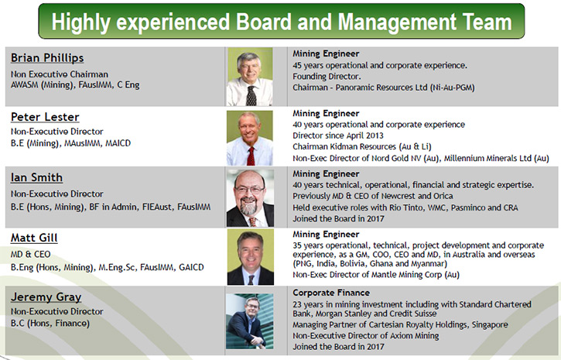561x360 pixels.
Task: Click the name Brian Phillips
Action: pyautogui.click(x=47, y=58)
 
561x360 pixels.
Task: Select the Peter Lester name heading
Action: pyautogui.click(x=45, y=117)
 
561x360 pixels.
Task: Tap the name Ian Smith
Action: pyautogui.click(x=36, y=177)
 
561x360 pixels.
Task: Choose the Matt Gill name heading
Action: pyautogui.click(x=34, y=238)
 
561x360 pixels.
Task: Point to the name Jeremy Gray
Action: pyautogui.click(x=46, y=297)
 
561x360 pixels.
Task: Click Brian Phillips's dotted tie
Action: pyautogui.click(x=251, y=95)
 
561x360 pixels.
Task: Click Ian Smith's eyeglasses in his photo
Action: pyautogui.click(x=249, y=190)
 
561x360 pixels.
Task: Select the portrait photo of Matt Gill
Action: pyautogui.click(x=251, y=257)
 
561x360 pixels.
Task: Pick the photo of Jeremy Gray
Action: pyautogui.click(x=250, y=321)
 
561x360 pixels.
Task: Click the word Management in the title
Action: pyautogui.click(x=397, y=22)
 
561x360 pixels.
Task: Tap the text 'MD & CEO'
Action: pyautogui.click(x=30, y=255)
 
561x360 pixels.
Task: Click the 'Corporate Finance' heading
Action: pyautogui.click(x=331, y=293)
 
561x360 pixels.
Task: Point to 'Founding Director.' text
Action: pyautogui.click(x=327, y=76)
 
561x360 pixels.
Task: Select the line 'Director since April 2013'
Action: pyautogui.click(x=337, y=135)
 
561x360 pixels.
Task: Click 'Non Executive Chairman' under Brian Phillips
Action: pyautogui.click(x=60, y=74)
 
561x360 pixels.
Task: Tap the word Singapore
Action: pyautogui.click(x=490, y=324)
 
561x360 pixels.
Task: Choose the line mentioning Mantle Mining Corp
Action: pyautogui.click(x=376, y=275)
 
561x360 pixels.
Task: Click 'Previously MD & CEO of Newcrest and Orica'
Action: pyautogui.click(x=373, y=196)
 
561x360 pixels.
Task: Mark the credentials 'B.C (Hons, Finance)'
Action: pyautogui.click(x=50, y=324)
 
